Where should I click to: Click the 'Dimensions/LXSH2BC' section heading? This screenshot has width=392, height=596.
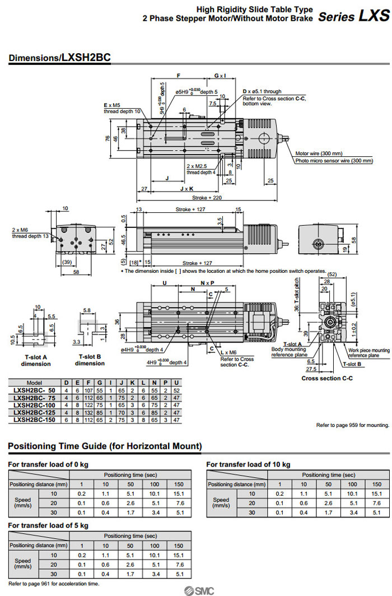(59, 58)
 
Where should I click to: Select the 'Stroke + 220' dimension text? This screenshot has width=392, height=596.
(207, 198)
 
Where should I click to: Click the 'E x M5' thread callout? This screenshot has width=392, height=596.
(113, 105)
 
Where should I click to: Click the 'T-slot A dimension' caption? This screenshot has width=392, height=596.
(35, 360)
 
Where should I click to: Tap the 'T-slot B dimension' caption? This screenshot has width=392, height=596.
(90, 360)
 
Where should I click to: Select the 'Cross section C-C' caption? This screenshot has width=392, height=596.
(327, 379)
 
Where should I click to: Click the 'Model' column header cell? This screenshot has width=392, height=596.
(35, 382)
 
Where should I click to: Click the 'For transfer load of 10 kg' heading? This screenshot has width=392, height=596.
(248, 464)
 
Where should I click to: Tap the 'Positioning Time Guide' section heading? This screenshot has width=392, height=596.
(105, 446)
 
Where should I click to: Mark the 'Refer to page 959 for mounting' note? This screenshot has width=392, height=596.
(352, 425)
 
